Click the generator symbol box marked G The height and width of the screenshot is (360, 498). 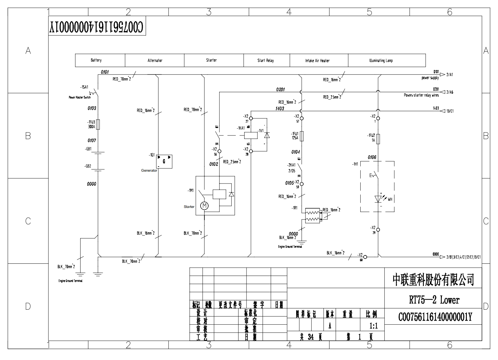click(x=164, y=161)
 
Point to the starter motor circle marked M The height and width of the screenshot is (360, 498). click(x=204, y=206)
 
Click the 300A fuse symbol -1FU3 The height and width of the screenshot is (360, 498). click(x=98, y=124)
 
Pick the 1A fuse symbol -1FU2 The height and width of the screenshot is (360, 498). click(x=378, y=139)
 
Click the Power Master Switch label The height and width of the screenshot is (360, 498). click(x=80, y=98)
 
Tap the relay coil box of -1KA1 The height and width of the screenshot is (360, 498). click(x=251, y=135)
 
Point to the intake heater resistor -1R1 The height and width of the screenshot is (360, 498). click(x=313, y=216)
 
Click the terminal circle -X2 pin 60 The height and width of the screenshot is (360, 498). click(x=365, y=257)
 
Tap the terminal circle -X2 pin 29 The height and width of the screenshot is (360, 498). click(x=378, y=230)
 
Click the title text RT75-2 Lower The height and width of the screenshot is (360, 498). click(x=434, y=300)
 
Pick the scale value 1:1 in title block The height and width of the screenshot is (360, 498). click(x=374, y=326)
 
